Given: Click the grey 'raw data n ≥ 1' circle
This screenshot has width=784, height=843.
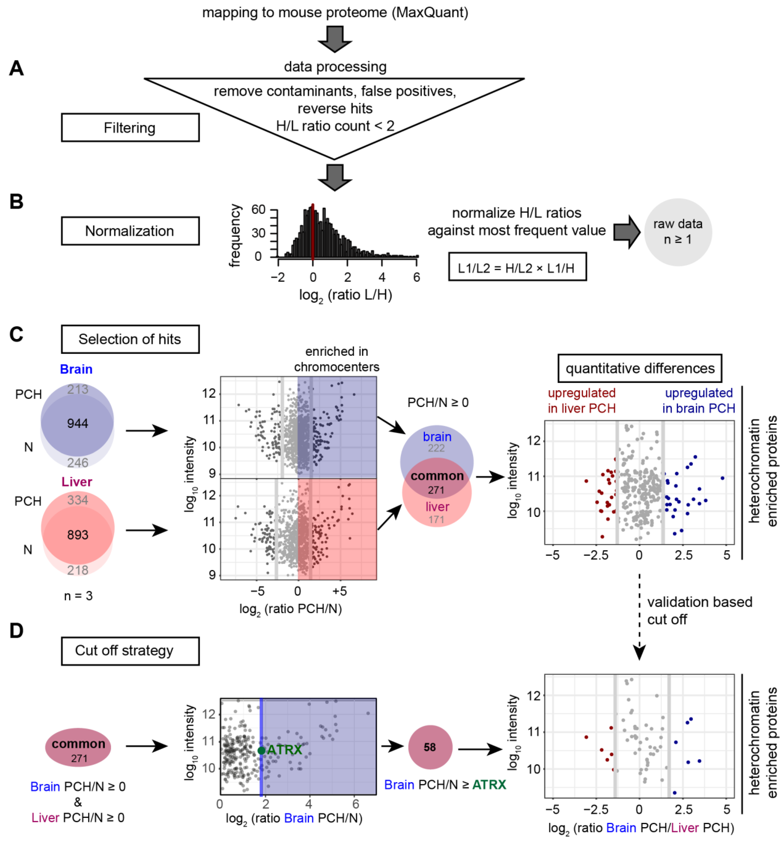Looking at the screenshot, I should tap(678, 232).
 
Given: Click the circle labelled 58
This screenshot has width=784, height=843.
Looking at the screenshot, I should tap(430, 747).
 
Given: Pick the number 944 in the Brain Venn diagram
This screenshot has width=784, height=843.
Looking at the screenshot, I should tap(78, 423).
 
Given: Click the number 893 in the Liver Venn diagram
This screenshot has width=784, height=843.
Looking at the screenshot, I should tap(78, 535).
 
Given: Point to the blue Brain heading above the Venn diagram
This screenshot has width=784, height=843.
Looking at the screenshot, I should tap(76, 369).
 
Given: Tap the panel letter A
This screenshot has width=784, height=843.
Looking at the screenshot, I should tap(16, 68).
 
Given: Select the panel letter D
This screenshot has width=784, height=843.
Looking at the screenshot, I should tap(16, 631).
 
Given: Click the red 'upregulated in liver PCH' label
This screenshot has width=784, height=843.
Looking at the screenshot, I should tap(581, 401).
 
